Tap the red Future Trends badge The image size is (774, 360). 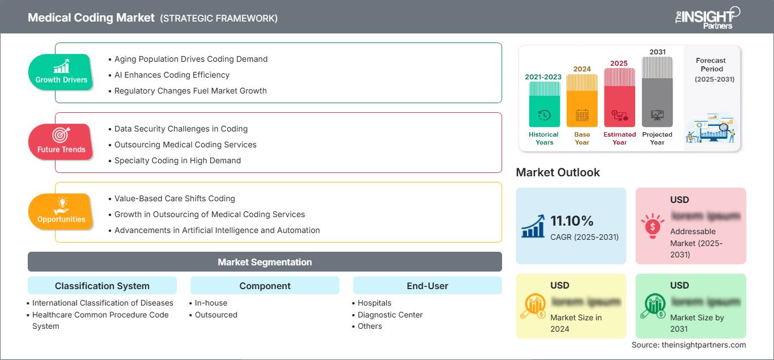61,142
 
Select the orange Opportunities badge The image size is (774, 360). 61,211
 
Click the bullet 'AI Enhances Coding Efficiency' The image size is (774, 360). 172,75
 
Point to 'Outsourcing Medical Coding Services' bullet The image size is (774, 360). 185,145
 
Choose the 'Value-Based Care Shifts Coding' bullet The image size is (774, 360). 175,198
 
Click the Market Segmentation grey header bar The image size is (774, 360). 265,262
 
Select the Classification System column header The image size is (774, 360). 102,286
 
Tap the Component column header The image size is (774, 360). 265,286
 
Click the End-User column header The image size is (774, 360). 427,286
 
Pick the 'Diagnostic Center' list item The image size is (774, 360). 390,315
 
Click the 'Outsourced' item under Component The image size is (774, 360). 216,315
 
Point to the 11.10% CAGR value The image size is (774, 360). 571,221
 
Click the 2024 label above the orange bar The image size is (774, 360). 582,69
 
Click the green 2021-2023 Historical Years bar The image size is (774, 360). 544,104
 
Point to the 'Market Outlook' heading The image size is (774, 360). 558,172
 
